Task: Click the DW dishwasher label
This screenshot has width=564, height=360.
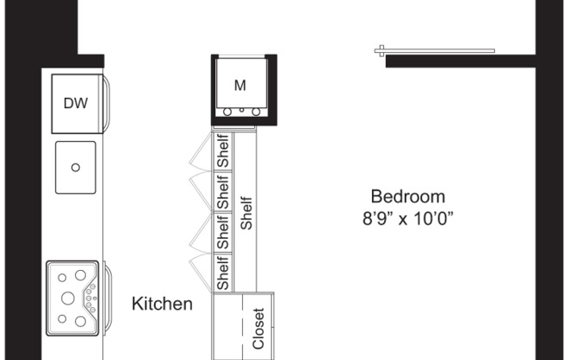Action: pos(76,104)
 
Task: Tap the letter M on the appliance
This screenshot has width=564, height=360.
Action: pos(240,85)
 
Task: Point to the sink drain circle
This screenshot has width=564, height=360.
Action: pos(75,168)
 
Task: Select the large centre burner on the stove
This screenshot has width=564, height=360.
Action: pos(67,297)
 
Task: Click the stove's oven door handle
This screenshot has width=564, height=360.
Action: pos(107,297)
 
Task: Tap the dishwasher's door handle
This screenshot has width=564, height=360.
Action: pos(107,104)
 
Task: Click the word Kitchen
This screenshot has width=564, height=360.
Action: pos(162,304)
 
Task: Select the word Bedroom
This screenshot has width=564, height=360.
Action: pos(407,196)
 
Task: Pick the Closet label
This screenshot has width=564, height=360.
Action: pos(258,328)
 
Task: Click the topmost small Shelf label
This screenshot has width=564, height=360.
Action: pos(223,151)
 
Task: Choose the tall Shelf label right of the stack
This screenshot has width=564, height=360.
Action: pos(247,211)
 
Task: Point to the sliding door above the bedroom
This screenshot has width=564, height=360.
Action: pos(434,50)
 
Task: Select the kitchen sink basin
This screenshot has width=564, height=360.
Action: pos(75,168)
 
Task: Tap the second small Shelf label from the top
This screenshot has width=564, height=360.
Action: pos(223,191)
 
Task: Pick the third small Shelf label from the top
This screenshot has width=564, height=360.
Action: pos(223,232)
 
